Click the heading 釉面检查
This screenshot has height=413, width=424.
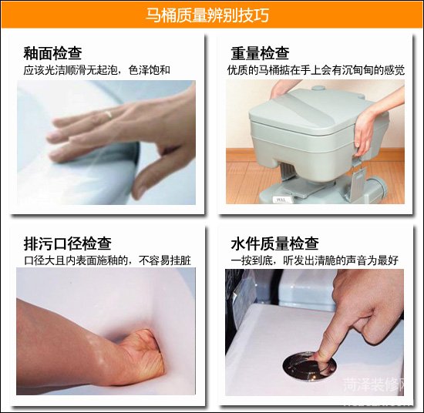pyautogui.click(x=52, y=53)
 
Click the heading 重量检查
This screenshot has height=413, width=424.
pyautogui.click(x=261, y=53)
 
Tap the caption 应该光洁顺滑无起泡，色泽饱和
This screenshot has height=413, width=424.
pyautogui.click(x=97, y=70)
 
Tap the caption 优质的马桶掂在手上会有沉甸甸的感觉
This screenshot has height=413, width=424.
pyautogui.click(x=316, y=70)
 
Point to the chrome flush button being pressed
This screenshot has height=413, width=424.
pyautogui.click(x=306, y=362)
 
